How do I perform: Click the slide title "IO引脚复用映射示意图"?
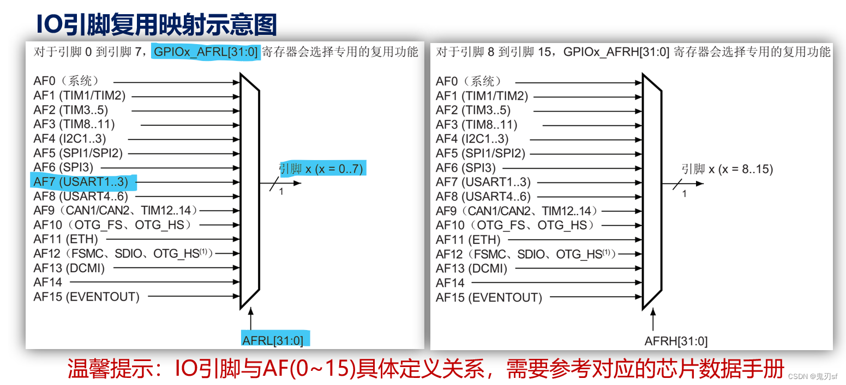point(157,25)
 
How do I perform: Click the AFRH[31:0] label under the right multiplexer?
point(676,341)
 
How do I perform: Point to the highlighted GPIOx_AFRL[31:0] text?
point(207,52)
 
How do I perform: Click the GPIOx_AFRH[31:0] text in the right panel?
point(616,52)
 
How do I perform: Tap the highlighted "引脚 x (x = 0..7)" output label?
point(321,168)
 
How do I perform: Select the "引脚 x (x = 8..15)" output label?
point(727,169)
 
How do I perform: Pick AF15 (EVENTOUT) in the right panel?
point(489,297)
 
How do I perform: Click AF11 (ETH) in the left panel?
point(65,239)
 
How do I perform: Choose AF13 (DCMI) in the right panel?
point(471,268)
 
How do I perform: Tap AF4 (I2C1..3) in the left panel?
point(70,139)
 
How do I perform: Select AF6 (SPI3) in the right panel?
point(466,168)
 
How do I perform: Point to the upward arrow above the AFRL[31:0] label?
point(250,319)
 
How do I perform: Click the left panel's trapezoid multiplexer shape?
point(249,191)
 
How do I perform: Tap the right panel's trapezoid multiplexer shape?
point(652,191)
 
